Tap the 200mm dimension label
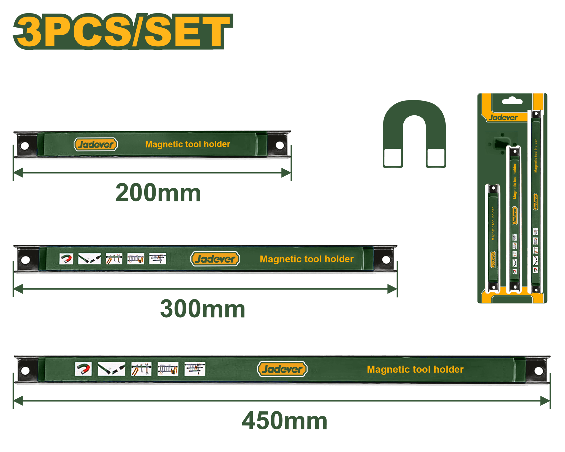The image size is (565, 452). coord(158,192)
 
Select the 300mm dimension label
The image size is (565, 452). coord(202,309)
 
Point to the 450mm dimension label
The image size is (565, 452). coord(284,421)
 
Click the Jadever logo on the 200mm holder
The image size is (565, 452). coord(96,144)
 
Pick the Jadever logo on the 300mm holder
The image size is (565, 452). coord(215,259)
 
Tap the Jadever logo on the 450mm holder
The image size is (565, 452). coord(282,369)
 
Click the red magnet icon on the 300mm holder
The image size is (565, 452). coord(66,259)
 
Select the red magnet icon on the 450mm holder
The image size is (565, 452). coord(83,369)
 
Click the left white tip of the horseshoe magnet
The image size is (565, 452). coord(393,157)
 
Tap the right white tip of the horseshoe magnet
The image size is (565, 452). coord(436,157)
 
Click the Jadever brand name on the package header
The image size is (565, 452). coord(503,118)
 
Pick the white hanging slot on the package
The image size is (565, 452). coord(512,101)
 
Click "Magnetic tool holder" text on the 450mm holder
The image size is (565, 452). coord(415,369)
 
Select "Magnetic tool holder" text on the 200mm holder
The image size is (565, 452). coord(188,144)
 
